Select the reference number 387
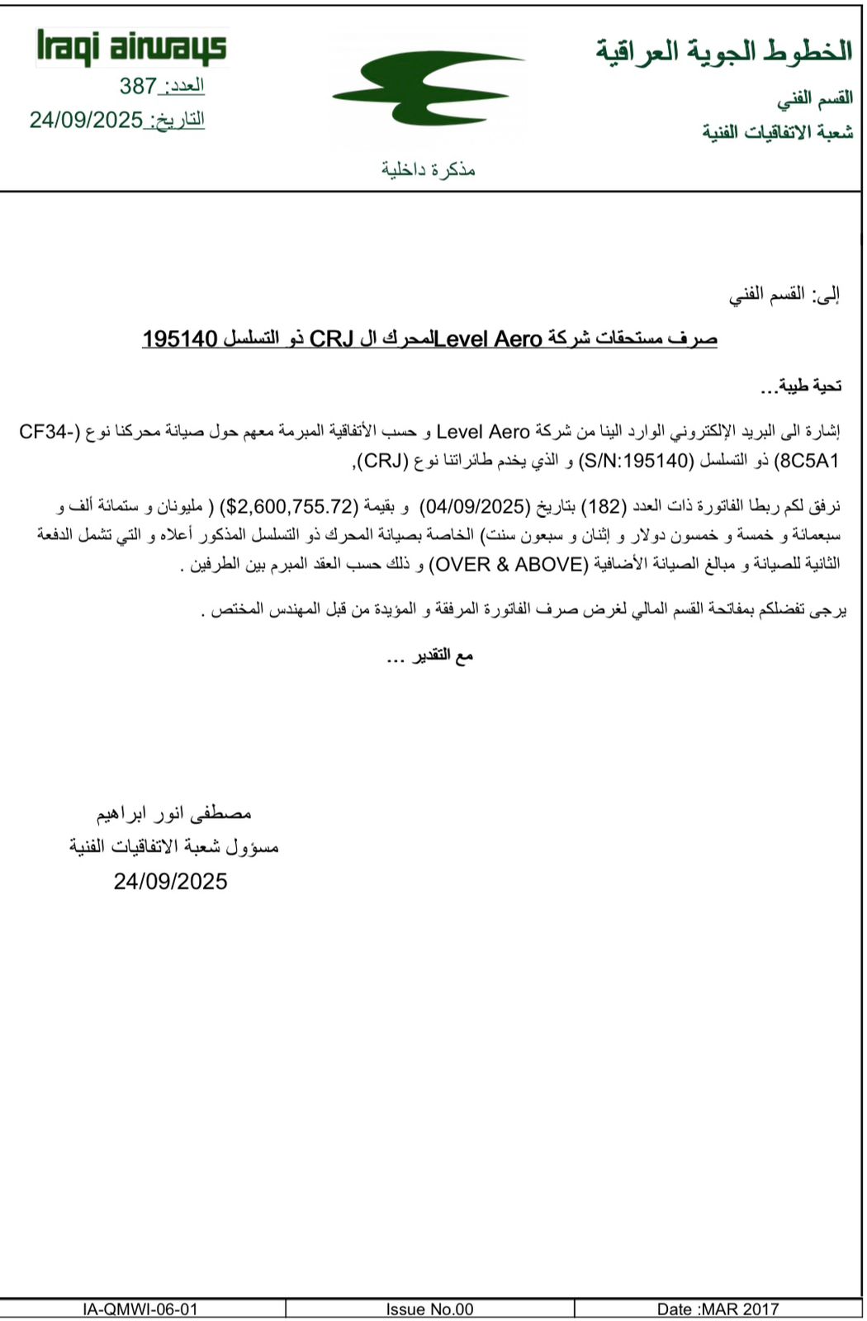tap(138, 86)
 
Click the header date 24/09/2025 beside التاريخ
tap(86, 120)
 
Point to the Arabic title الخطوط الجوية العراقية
tap(723, 51)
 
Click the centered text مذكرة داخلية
tap(428, 169)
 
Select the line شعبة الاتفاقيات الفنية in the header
tap(777, 132)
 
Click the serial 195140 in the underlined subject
tap(179, 339)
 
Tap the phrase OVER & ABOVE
tap(509, 564)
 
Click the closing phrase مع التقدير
tap(429, 656)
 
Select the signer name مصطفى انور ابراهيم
tap(173, 813)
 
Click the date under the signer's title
tap(170, 882)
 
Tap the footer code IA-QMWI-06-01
tap(140, 1309)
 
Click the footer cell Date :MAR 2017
tap(717, 1309)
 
